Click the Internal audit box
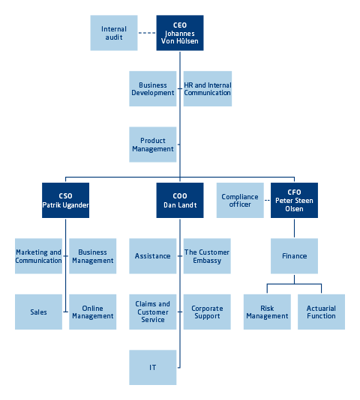tap(114, 33)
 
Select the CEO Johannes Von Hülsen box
tap(180, 33)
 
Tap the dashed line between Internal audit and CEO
tap(147, 33)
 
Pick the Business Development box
tap(153, 89)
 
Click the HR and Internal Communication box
tap(208, 89)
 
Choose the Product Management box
tap(153, 145)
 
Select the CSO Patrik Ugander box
tap(66, 200)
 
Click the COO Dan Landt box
tap(180, 200)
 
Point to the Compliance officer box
tap(240, 200)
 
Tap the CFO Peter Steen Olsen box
tap(294, 200)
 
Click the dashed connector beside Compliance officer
tap(267, 200)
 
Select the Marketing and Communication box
tap(38, 256)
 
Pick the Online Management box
tap(93, 312)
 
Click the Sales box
tap(38, 312)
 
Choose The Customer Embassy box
tap(207, 256)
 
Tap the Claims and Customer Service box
tap(153, 312)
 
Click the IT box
tap(153, 367)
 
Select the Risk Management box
tap(267, 312)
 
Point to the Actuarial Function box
tap(322, 312)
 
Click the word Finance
tap(295, 256)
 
